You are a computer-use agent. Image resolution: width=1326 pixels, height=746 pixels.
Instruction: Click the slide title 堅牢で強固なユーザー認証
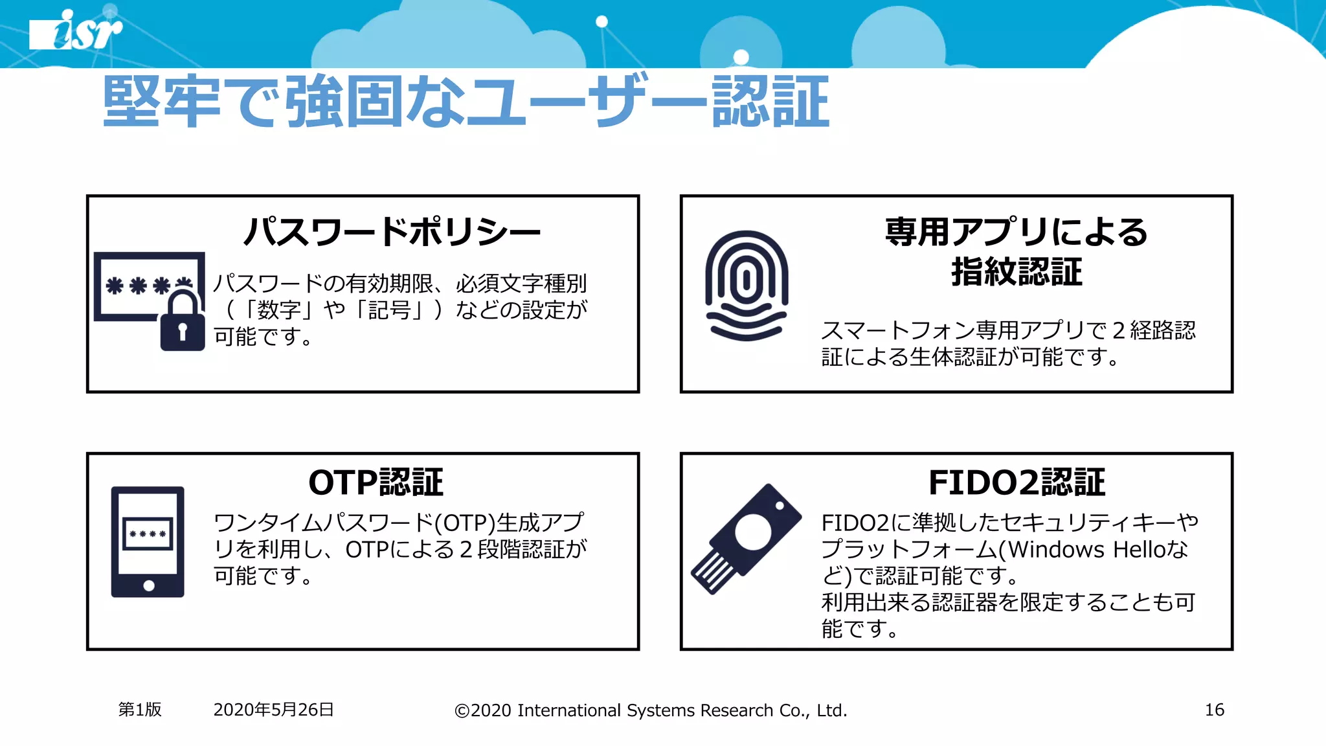(466, 102)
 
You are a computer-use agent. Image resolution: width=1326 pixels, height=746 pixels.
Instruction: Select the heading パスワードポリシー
(392, 231)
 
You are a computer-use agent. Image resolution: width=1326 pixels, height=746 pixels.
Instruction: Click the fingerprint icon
(747, 285)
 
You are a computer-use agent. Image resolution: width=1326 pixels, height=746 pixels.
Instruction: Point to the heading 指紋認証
(1017, 271)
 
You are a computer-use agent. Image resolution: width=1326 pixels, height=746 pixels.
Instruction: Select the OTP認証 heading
(376, 482)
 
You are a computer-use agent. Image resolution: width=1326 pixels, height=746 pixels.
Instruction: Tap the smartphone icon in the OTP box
(148, 541)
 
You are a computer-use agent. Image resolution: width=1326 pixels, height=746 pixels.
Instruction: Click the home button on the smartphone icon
(149, 585)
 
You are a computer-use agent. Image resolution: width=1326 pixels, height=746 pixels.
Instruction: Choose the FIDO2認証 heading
(1017, 482)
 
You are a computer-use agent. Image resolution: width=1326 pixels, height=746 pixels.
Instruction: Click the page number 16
(1214, 710)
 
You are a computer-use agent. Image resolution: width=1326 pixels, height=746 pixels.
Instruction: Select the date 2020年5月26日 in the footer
(273, 710)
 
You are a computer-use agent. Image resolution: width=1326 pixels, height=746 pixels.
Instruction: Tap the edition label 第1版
(140, 710)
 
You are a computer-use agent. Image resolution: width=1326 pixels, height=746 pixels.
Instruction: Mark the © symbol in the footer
(462, 711)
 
